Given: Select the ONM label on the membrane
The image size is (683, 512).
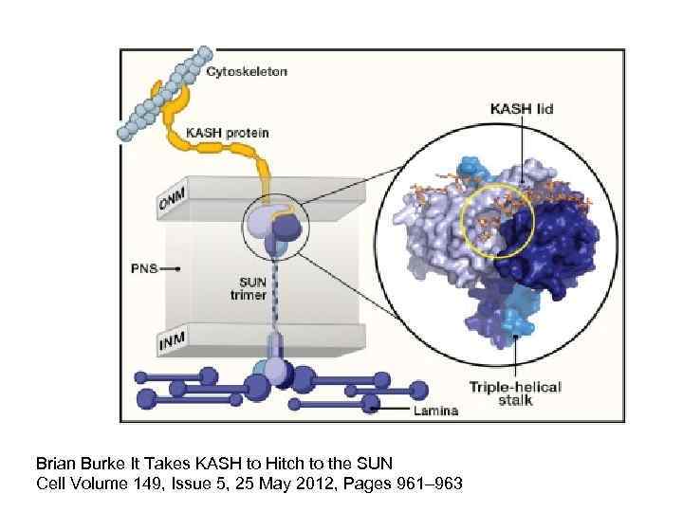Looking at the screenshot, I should (174, 200).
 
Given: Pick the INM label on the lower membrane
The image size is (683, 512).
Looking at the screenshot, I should (174, 338).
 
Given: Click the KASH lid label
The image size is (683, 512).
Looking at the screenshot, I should (519, 109).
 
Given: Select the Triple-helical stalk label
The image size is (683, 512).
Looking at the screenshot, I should (515, 393).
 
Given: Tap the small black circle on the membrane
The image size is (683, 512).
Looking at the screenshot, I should (270, 229).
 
